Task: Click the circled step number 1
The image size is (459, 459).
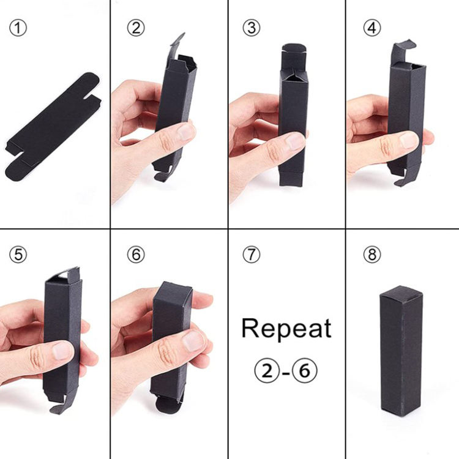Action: point(18,28)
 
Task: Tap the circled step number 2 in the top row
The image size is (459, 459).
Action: point(136,28)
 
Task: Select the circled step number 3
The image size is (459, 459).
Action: point(252,28)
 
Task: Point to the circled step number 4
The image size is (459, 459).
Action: point(372,28)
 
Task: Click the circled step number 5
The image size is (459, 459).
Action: point(18,255)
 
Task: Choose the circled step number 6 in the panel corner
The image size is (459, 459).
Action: point(136,255)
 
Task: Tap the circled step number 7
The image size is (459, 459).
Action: point(252,255)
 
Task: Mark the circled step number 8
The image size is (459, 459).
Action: point(372,255)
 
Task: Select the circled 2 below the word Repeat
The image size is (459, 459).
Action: point(266,371)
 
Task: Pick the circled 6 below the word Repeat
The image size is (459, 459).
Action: point(305,371)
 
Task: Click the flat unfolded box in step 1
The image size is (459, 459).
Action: point(53,127)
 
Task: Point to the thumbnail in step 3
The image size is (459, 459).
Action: point(295,141)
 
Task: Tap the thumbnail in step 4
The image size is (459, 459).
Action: point(409,140)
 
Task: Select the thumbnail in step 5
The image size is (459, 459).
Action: point(62,351)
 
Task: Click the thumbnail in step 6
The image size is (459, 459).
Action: point(193,341)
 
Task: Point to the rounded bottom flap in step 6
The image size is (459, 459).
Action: point(166,405)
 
